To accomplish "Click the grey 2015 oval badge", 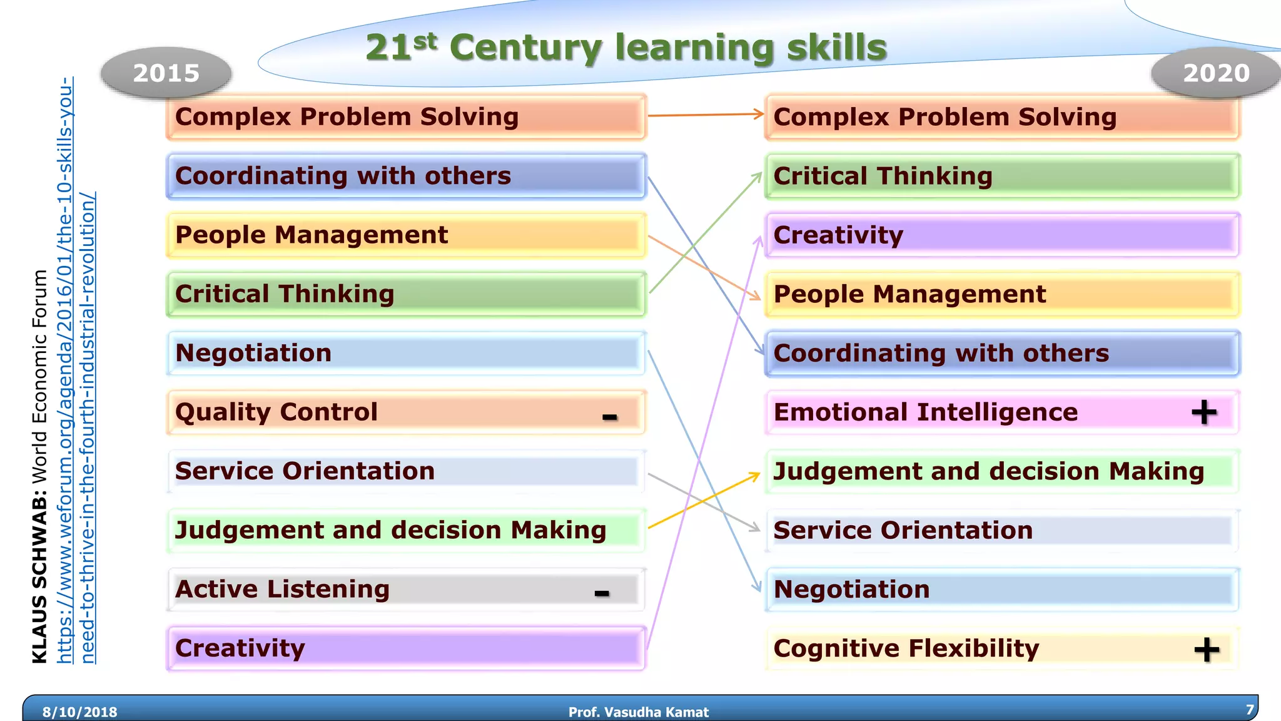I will tap(166, 73).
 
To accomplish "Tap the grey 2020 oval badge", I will tap(1215, 73).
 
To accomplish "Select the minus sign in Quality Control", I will tap(610, 417).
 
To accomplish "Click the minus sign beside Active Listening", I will tap(602, 593).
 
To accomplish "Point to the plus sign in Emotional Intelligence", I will tap(1204, 412).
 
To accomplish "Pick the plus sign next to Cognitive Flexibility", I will tap(1207, 650).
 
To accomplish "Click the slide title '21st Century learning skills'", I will tap(625, 48).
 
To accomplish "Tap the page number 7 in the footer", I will tap(1250, 710).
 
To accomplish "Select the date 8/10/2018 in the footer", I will tap(79, 712).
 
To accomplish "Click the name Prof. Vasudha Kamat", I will tap(638, 712).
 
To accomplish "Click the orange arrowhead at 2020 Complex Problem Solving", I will tap(759, 114).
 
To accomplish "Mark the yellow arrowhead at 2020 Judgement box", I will tap(756, 476).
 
